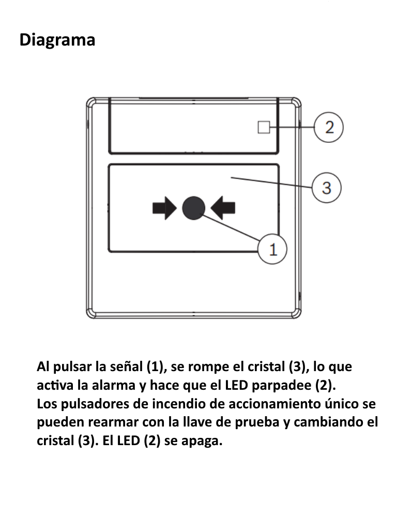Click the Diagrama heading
[57, 40]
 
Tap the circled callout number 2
[329, 127]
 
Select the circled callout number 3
[327, 188]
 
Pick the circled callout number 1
[272, 249]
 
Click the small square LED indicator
[264, 127]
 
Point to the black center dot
[194, 208]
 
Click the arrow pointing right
[164, 208]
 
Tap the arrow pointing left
[223, 208]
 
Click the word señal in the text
[127, 367]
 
